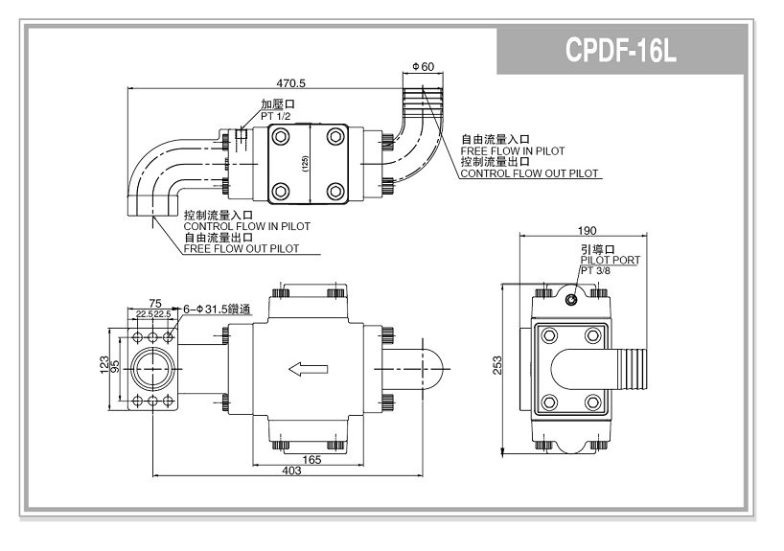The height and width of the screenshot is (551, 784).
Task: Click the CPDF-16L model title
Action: coord(622,51)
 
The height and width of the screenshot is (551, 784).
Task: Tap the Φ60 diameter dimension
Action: coord(423,66)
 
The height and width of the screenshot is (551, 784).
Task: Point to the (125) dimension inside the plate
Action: coord(305,164)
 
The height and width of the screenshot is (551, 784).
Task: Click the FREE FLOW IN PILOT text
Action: coord(513,150)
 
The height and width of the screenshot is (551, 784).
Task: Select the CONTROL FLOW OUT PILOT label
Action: coord(529,173)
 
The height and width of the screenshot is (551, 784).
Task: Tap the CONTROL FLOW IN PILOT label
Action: coord(246,226)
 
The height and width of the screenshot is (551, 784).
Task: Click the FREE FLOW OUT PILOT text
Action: coord(241,248)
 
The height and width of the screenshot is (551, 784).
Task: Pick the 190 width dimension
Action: coord(588,231)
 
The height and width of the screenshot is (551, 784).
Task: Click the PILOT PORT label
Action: coord(610,260)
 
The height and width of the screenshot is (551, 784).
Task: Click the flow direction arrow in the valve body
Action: coord(309,368)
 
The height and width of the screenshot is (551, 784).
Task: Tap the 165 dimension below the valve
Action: coord(308,460)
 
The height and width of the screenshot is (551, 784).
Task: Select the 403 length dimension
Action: coord(292,471)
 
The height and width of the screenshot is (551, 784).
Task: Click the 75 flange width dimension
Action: coord(154,303)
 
